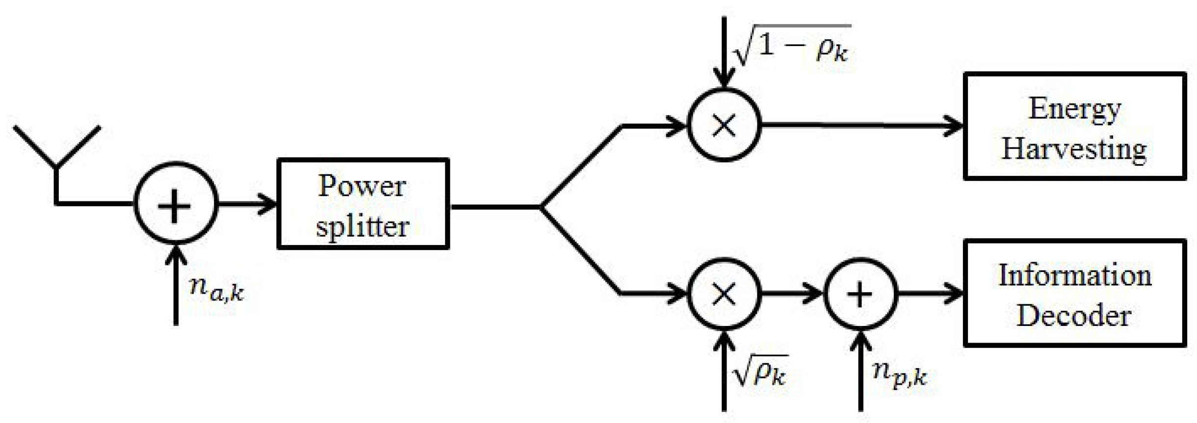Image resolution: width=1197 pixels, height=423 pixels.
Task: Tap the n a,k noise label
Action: pos(216,289)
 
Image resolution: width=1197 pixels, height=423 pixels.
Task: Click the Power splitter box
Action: pos(363,204)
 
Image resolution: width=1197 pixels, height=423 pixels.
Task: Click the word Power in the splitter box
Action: pos(362,186)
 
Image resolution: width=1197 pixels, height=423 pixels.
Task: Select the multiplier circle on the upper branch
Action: pos(724,125)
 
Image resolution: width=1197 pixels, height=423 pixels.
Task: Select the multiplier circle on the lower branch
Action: pos(724,294)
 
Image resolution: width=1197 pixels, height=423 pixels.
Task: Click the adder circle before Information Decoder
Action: pos(860,294)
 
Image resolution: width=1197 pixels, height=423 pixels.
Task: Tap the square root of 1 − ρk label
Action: pos(792,47)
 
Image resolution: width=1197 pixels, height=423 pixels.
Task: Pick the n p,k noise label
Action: pos(900,375)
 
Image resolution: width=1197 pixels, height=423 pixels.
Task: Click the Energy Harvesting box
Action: pos(1074,126)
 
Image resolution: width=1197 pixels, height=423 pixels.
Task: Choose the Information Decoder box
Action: pos(1074,293)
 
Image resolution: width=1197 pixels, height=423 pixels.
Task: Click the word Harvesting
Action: pos(1074,149)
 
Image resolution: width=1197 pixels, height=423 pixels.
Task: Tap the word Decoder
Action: pos(1074,315)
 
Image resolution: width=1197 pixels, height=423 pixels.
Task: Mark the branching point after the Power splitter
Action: pos(541,207)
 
